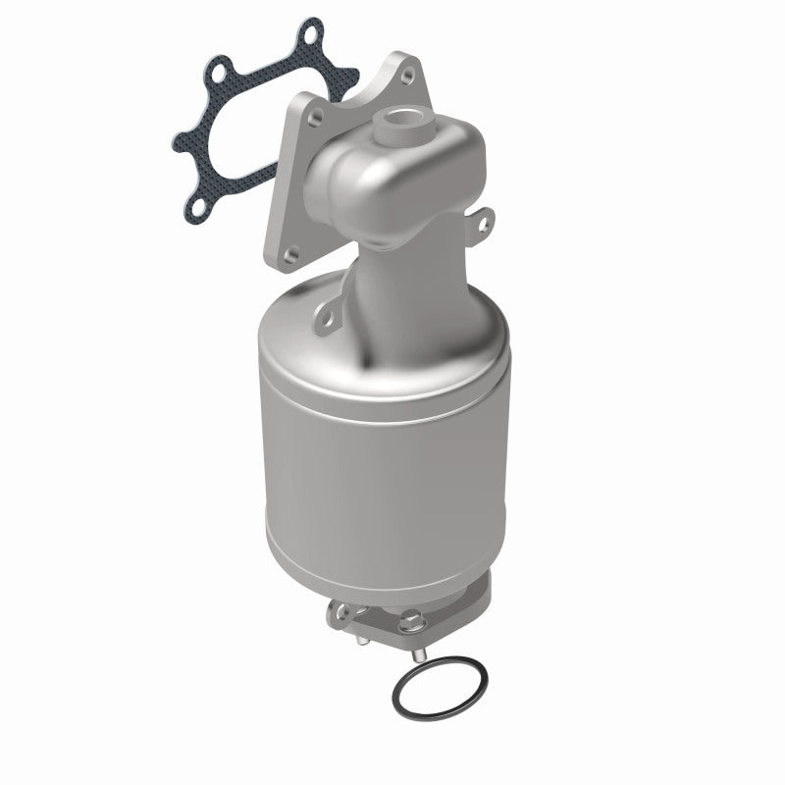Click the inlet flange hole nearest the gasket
tap(313, 115)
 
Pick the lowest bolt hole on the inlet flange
tap(289, 228)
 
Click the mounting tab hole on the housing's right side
tap(483, 225)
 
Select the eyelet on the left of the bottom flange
tap(338, 612)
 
